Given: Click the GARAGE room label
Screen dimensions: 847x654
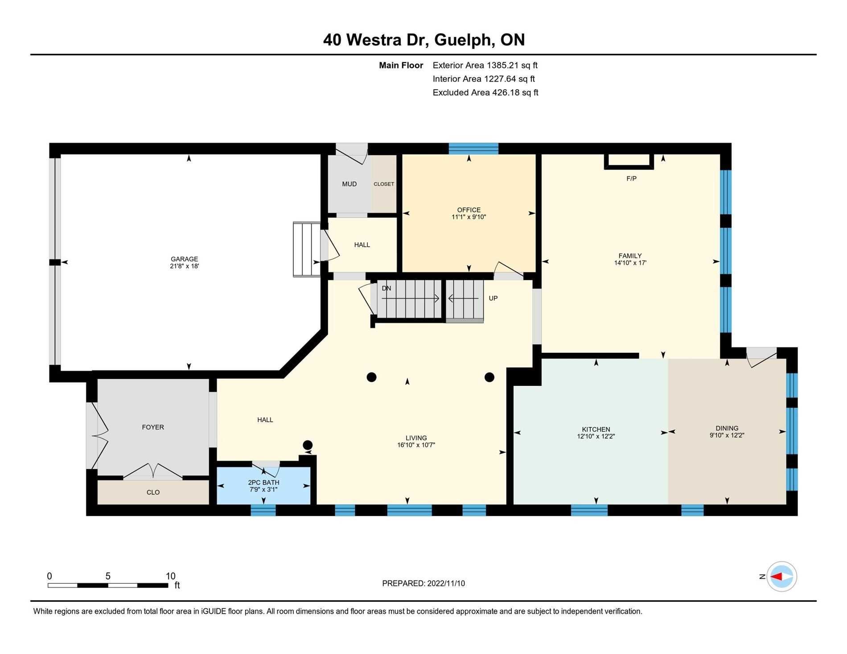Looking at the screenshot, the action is (x=184, y=259).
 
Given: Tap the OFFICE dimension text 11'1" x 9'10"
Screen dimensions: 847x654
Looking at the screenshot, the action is (x=469, y=217).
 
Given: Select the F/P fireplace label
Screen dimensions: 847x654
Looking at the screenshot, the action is (x=631, y=179).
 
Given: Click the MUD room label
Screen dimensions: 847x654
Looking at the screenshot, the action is (x=349, y=184).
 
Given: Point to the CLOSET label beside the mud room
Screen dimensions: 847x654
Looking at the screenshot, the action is (x=384, y=184).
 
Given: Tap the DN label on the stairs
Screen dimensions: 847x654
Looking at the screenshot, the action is (x=386, y=288).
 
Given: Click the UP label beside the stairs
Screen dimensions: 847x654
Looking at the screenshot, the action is (x=493, y=298).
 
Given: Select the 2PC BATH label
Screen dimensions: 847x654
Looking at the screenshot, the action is (x=264, y=482).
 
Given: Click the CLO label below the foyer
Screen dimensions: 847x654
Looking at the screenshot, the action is (x=153, y=492).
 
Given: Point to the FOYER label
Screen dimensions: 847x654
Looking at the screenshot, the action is (x=153, y=427).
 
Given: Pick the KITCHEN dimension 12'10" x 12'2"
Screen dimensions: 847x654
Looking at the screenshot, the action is (x=596, y=437).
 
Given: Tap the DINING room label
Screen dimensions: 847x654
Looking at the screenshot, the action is (x=727, y=428).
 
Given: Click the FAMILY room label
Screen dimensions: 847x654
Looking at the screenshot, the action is (x=630, y=256).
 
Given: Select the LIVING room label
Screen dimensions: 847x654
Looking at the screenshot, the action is (x=416, y=438).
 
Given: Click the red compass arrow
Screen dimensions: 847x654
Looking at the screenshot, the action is (x=777, y=576).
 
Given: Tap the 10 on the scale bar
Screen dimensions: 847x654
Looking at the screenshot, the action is (x=170, y=576).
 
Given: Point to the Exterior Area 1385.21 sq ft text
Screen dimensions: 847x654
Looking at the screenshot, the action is (x=485, y=65).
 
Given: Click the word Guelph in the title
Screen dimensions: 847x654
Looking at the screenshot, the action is (x=464, y=40).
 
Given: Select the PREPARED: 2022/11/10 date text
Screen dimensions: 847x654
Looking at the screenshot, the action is (x=423, y=583).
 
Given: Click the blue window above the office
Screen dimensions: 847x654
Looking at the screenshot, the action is (x=473, y=148).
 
